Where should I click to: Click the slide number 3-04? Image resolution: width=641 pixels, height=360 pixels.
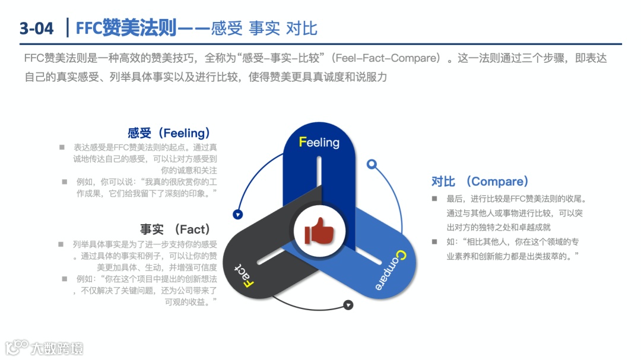pyautogui.click(x=36, y=28)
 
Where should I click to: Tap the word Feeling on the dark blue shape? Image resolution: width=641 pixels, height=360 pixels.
pyautogui.click(x=319, y=142)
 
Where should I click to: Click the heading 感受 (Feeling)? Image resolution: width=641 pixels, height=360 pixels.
pyautogui.click(x=169, y=133)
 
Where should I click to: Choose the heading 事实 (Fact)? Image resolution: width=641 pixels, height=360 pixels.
pyautogui.click(x=176, y=229)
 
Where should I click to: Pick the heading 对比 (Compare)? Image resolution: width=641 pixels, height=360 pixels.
pyautogui.click(x=480, y=181)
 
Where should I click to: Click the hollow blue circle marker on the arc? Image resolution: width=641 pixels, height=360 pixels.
pyautogui.click(x=372, y=164)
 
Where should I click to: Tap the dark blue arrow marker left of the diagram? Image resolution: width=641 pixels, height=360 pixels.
pyautogui.click(x=238, y=215)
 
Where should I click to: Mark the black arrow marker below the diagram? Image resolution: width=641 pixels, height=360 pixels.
pyautogui.click(x=348, y=305)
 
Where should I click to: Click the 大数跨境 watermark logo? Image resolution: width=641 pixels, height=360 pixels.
pyautogui.click(x=45, y=348)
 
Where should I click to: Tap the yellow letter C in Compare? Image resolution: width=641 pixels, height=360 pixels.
pyautogui.click(x=399, y=256)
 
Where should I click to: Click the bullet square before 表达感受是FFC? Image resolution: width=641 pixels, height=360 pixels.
pyautogui.click(x=62, y=146)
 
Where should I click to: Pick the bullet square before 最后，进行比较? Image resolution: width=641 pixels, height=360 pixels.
pyautogui.click(x=434, y=199)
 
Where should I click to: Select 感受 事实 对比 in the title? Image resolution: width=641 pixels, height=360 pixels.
pyautogui.click(x=264, y=28)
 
